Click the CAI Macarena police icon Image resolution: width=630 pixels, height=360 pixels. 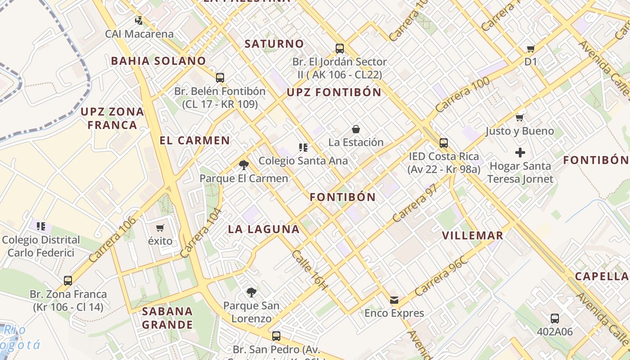139,20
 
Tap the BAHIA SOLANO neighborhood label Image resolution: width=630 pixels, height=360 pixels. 158,61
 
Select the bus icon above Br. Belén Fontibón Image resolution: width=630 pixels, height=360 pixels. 220,77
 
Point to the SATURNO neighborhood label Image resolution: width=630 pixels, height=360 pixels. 274,44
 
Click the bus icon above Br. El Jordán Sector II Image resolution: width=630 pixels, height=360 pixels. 340,48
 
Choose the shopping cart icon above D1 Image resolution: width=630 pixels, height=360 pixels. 531,49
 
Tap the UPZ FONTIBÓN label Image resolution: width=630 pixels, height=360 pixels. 334,93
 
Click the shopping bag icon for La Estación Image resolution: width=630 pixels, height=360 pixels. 356,129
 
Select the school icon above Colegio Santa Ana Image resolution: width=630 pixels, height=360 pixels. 303,147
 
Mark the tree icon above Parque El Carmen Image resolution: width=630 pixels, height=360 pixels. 244,165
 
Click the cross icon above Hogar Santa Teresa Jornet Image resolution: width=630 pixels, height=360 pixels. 520,153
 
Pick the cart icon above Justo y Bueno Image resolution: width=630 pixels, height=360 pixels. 520,118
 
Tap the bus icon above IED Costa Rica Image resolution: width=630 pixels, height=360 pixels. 444,143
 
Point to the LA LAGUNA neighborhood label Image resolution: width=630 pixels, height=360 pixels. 264,229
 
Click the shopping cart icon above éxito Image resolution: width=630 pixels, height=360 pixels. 160,228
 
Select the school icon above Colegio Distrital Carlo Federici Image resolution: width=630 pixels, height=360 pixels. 41,226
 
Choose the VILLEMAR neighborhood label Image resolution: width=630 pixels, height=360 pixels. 472,236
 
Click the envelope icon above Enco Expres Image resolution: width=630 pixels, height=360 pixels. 394,300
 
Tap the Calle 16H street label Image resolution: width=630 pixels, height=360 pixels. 310,270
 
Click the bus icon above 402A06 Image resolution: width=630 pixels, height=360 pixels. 555,319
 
